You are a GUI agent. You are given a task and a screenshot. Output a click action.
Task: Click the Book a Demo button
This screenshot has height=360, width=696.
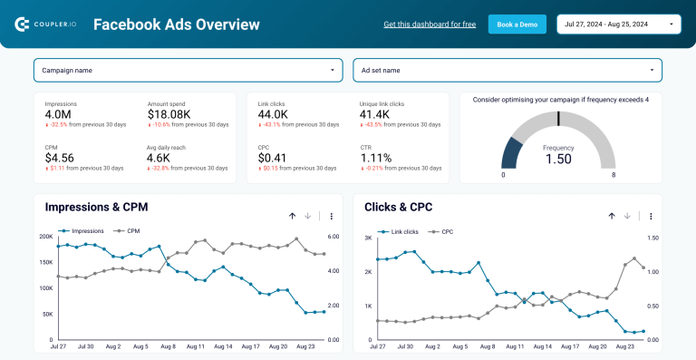pos(517,24)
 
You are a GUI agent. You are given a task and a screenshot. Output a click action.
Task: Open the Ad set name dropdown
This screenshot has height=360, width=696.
pos(507,70)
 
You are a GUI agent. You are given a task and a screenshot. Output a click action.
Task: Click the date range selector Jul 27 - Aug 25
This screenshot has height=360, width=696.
pos(619,24)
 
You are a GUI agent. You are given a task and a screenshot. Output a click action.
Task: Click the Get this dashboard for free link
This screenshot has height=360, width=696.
pos(430,24)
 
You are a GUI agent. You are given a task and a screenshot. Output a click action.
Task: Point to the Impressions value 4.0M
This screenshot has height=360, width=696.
pos(59,114)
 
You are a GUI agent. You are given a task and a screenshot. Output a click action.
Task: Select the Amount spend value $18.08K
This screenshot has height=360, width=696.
pos(169,114)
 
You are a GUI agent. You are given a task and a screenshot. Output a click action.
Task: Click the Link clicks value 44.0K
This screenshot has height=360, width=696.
pos(273,114)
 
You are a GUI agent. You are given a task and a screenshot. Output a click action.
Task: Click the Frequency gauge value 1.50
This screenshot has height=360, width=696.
pos(558,159)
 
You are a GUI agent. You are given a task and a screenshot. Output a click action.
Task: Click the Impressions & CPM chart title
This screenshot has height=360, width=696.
pos(96,208)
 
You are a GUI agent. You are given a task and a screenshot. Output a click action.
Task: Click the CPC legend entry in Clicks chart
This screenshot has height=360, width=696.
pos(445,232)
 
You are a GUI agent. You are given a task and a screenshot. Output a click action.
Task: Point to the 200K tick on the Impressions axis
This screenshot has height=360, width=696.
pos(45,237)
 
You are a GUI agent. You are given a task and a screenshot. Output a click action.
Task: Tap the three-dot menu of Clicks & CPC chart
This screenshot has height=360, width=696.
pos(651,216)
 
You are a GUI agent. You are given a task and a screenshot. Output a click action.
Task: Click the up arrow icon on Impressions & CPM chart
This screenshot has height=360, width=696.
pos(292,216)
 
